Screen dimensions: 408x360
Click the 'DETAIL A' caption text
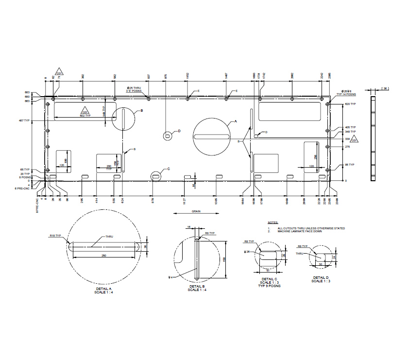pyautogui.click(x=105, y=288)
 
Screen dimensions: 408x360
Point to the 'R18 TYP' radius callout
pyautogui.click(x=55, y=236)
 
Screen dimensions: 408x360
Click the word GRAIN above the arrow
pyautogui.click(x=196, y=211)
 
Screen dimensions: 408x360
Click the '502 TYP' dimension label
pyautogui.click(x=85, y=115)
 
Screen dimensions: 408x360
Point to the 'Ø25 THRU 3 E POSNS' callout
pyautogui.click(x=134, y=89)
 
